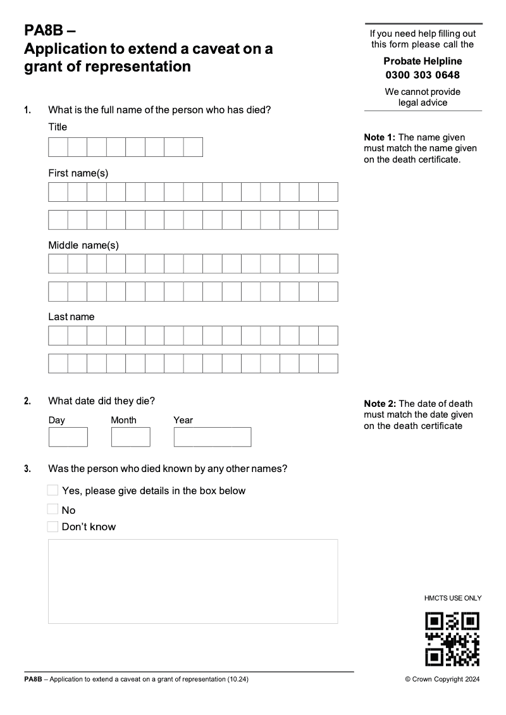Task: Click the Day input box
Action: pos(68,437)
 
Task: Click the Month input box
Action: pos(130,437)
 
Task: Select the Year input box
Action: pos(212,437)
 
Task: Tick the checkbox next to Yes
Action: pos(53,490)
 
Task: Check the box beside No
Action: pos(53,509)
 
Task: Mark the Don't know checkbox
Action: pos(53,526)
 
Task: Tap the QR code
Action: pos(452,638)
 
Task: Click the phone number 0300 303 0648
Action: pos(423,75)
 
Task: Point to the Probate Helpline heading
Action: pos(423,61)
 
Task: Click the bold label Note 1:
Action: pos(379,137)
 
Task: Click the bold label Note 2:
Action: pos(379,404)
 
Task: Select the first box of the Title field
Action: pos(58,147)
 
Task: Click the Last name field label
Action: pos(71,316)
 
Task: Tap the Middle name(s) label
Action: pos(83,245)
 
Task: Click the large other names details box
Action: pos(193,581)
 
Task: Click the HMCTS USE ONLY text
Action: pos(453,598)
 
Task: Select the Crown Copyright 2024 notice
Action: pos(442,680)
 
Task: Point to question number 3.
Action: pos(27,469)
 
